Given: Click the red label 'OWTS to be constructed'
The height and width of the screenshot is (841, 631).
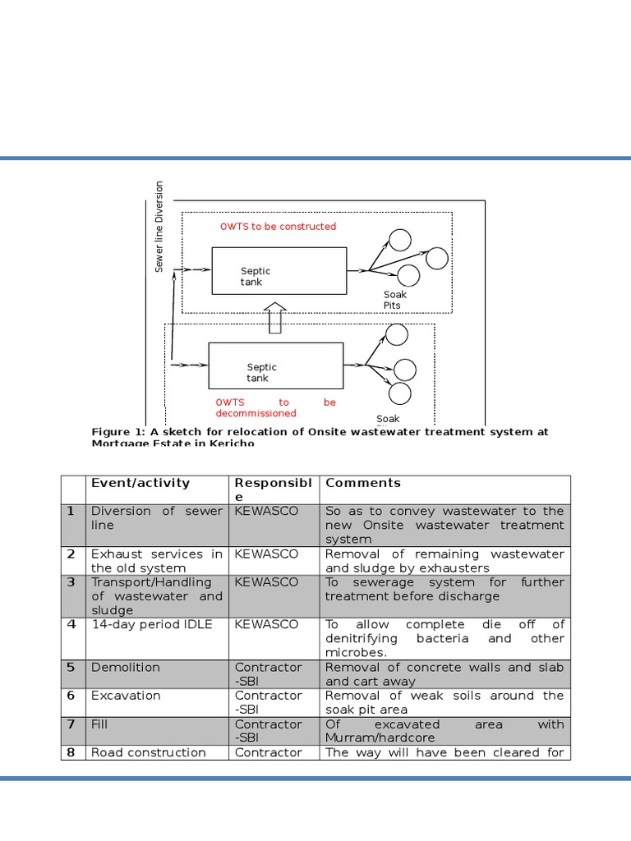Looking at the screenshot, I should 278,227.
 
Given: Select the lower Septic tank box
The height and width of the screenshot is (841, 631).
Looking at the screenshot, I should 275,365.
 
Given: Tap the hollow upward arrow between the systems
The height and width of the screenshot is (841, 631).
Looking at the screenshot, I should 275,317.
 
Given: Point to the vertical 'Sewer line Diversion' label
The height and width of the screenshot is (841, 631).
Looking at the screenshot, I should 159,227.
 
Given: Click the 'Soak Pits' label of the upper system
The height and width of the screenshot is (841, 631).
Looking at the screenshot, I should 394,300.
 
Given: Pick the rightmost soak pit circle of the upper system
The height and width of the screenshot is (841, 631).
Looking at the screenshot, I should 437,258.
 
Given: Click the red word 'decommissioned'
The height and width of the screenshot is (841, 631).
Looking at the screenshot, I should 256,413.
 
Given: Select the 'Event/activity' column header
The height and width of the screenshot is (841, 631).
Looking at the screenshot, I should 140,483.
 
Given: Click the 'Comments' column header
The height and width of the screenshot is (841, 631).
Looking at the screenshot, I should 363,483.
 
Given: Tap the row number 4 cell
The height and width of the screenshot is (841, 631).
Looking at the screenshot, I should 71,624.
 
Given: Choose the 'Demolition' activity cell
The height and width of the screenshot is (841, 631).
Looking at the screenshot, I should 126,667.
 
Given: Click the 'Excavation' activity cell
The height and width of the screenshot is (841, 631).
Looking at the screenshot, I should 127,696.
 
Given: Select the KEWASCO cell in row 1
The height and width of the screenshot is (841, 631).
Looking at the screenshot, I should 266,511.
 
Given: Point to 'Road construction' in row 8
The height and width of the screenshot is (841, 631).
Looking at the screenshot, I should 149,752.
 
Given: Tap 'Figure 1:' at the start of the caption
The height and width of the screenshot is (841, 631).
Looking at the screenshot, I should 118,432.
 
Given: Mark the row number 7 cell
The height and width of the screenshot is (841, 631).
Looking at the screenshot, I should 71,724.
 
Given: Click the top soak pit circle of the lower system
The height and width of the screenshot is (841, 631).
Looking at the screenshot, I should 397,334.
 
